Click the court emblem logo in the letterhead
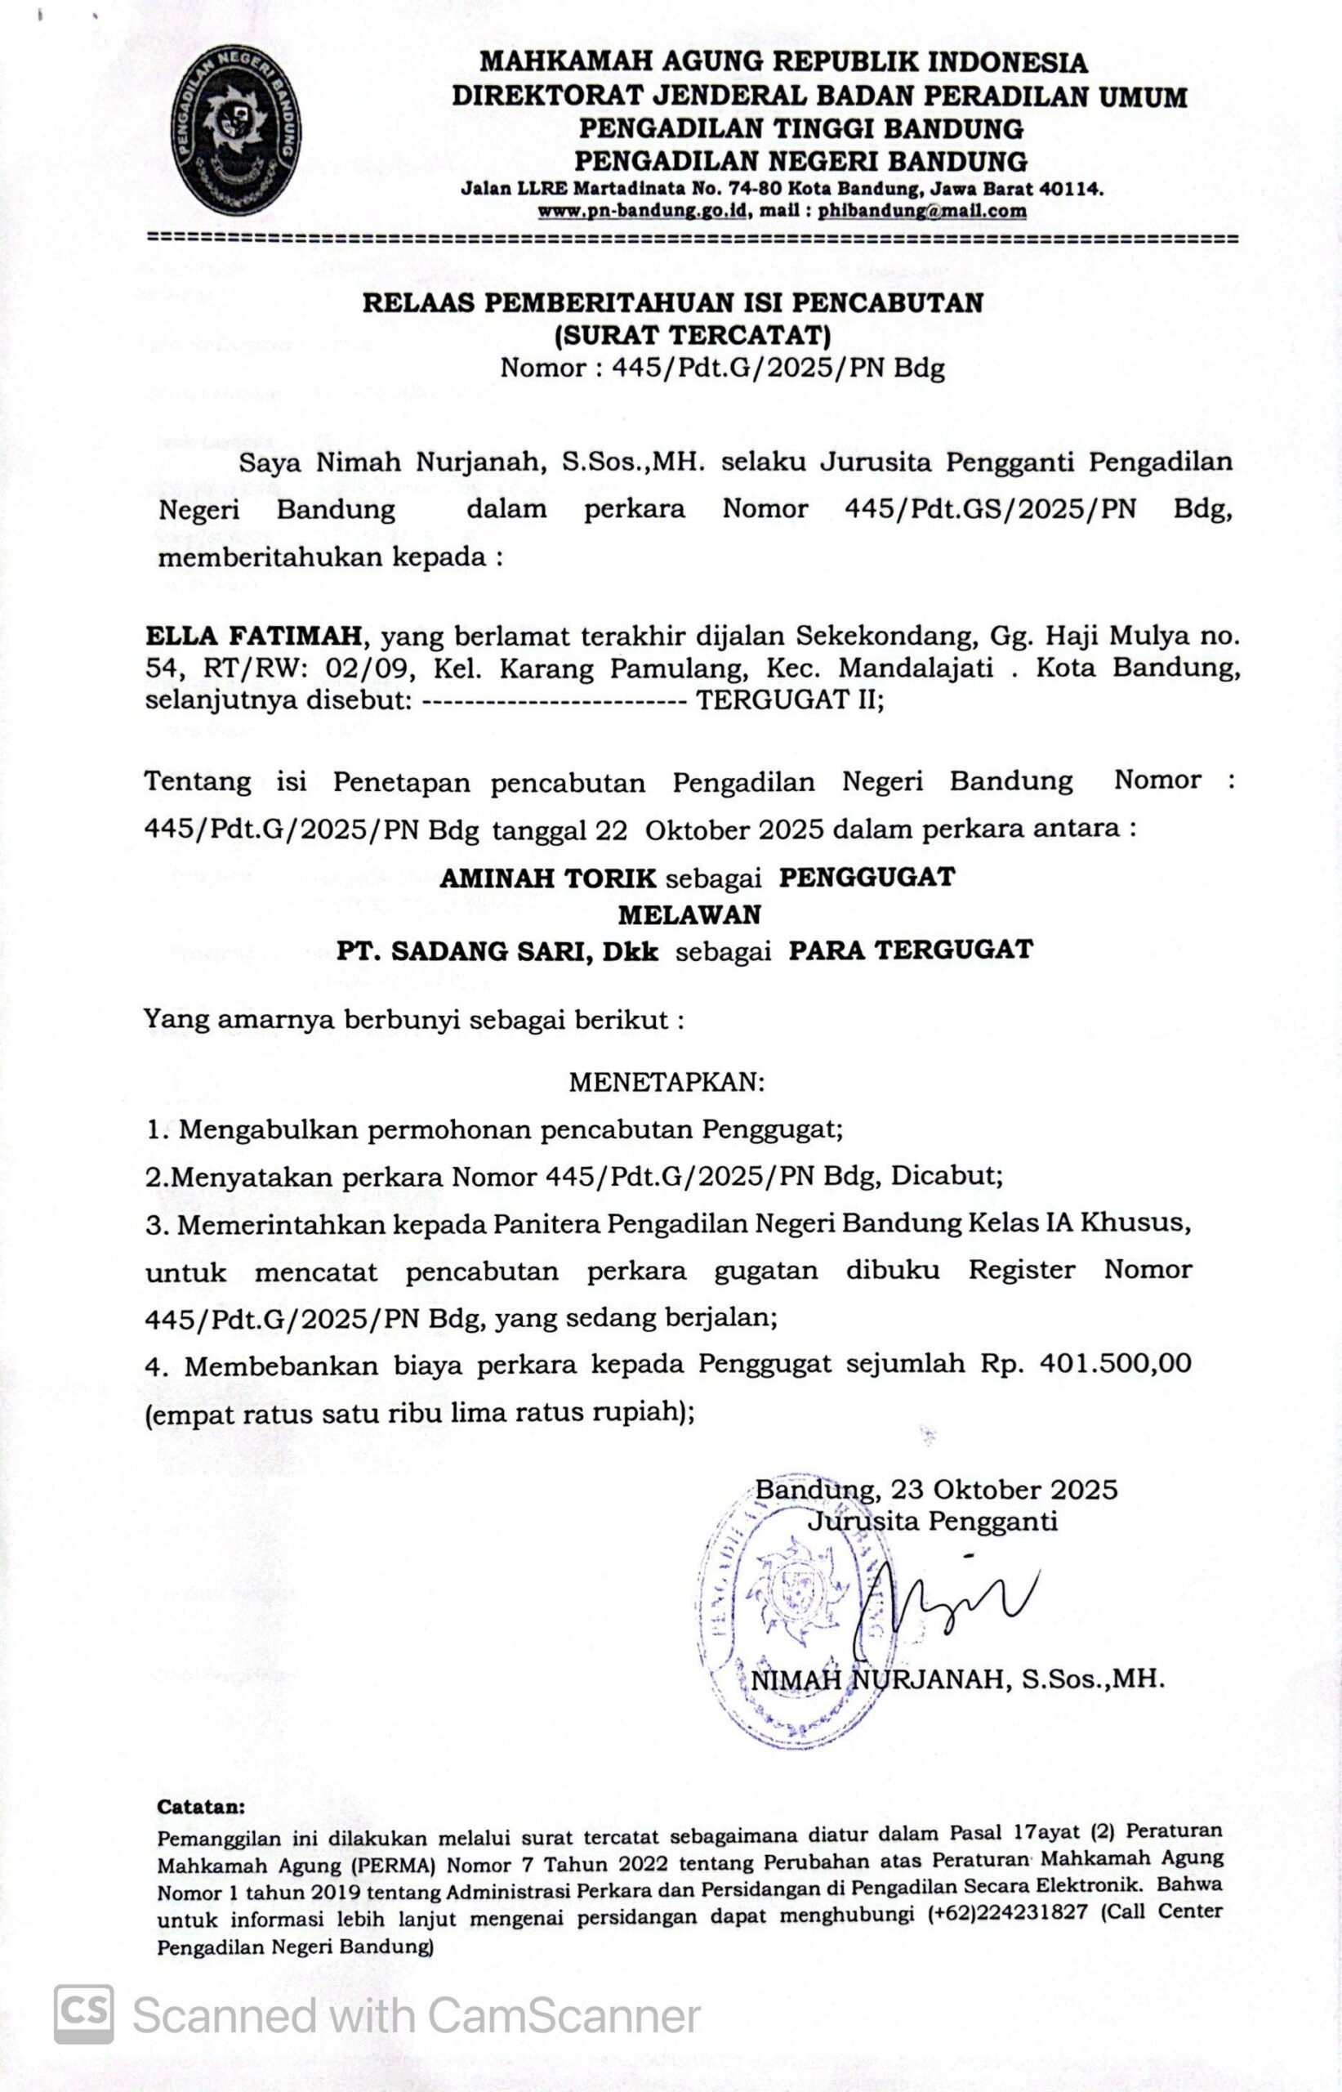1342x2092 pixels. pyautogui.click(x=235, y=131)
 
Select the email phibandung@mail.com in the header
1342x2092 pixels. pyautogui.click(x=922, y=211)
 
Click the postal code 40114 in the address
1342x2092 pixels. pyautogui.click(x=1077, y=188)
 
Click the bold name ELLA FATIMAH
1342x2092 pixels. pyautogui.click(x=252, y=637)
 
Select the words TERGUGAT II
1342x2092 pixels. pyautogui.click(x=789, y=700)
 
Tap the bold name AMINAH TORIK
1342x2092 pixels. pyautogui.click(x=548, y=878)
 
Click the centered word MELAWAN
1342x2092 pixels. pyautogui.click(x=689, y=914)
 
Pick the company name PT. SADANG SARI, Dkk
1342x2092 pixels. pyautogui.click(x=497, y=951)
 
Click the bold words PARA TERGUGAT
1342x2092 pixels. pyautogui.click(x=911, y=950)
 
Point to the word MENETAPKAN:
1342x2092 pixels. pyautogui.click(x=667, y=1083)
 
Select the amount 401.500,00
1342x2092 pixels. pyautogui.click(x=1116, y=1363)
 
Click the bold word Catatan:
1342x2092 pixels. pyautogui.click(x=201, y=1807)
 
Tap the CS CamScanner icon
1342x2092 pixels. pyautogui.click(x=83, y=2016)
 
